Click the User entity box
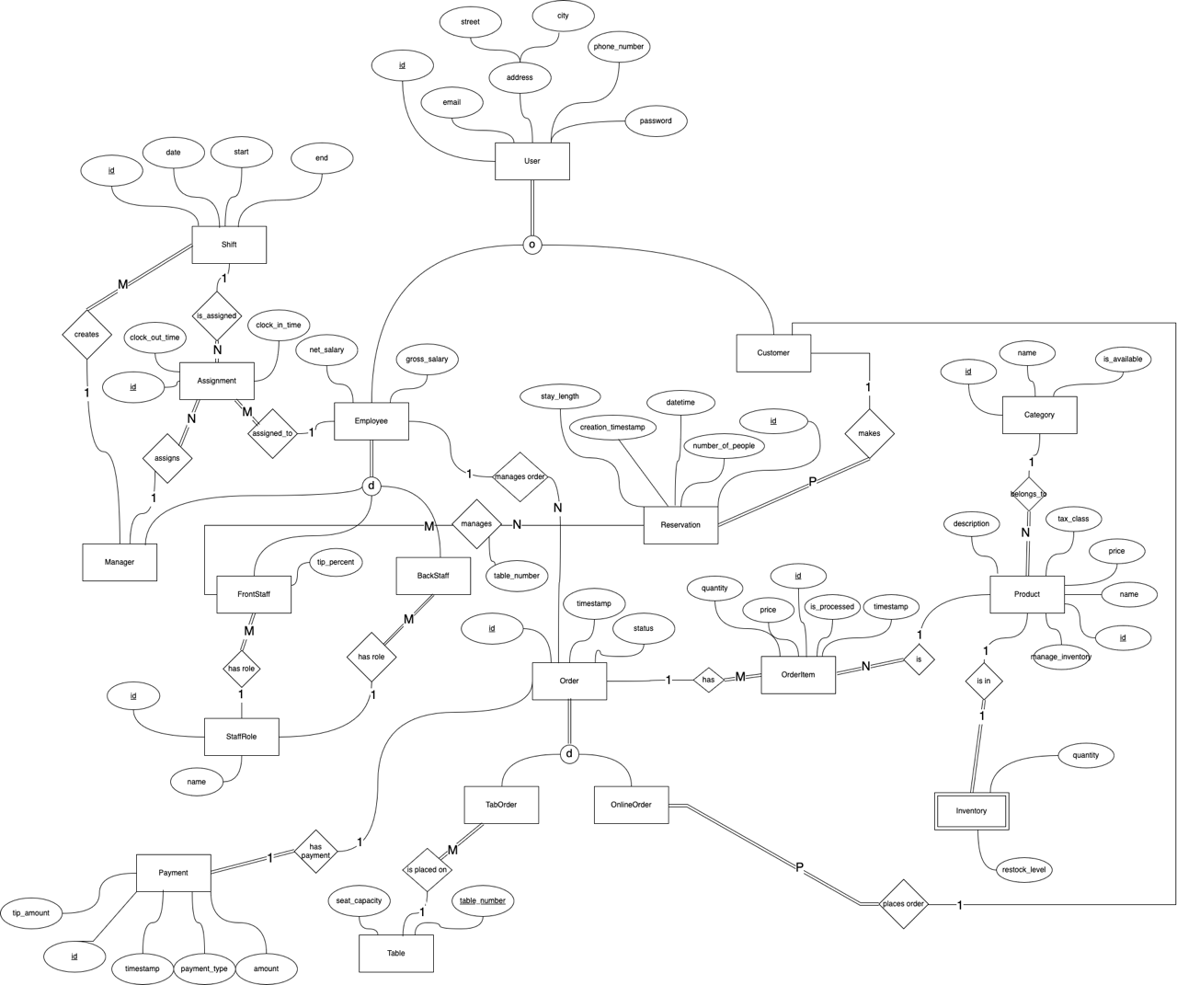[x=531, y=161]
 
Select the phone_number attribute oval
[x=618, y=47]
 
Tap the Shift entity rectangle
[x=229, y=245]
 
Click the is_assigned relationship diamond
[x=217, y=315]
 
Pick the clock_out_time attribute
[x=154, y=338]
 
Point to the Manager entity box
[x=120, y=562]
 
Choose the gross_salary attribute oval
[x=427, y=359]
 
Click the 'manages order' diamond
[x=520, y=476]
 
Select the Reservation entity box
[x=680, y=525]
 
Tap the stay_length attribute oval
[x=559, y=396]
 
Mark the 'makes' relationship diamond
[x=869, y=433]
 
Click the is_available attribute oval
[x=1122, y=359]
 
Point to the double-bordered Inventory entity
[x=971, y=811]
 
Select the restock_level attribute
[x=1023, y=869]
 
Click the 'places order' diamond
[x=903, y=904]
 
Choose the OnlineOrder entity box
[x=631, y=805]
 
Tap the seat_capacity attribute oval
[x=359, y=900]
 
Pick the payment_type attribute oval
[x=204, y=968]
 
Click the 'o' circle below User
[x=531, y=245]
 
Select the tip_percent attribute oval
[x=336, y=562]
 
